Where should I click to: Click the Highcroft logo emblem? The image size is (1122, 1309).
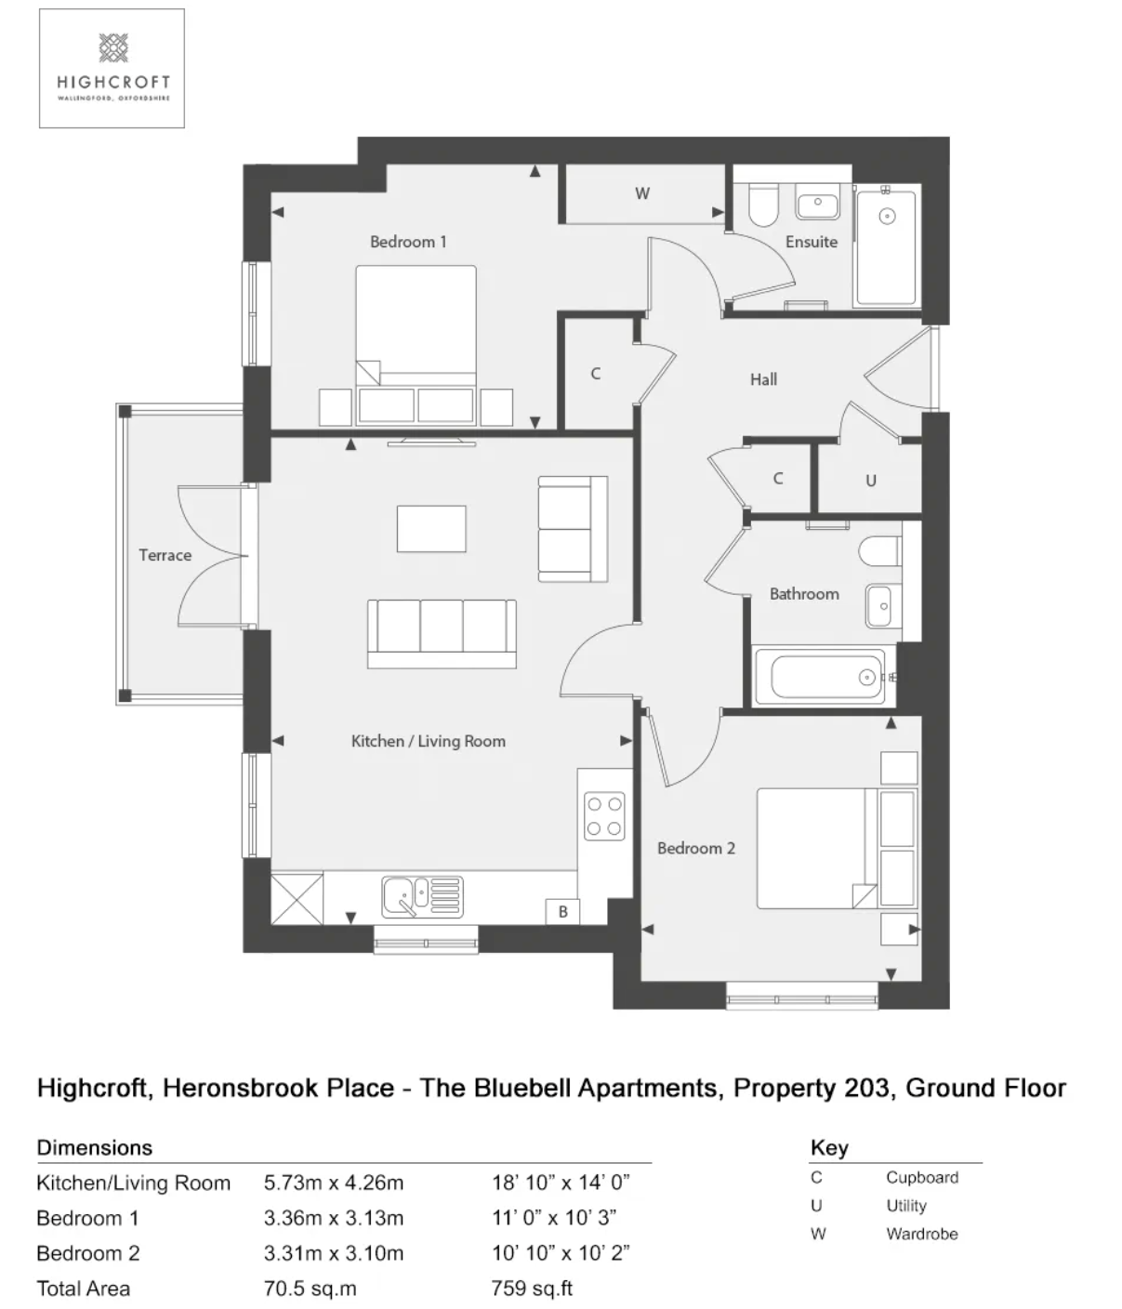113,48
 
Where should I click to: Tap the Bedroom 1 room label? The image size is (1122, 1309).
408,242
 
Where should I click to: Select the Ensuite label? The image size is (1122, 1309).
812,242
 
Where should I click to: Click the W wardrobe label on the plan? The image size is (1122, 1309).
642,193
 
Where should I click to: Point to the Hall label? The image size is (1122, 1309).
763,379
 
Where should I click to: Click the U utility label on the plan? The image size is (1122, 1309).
871,481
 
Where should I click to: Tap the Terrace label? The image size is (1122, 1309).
165,555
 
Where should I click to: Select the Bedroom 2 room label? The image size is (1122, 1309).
696,848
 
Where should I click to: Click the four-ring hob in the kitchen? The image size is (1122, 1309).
604,816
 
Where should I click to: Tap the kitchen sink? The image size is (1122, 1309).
422,897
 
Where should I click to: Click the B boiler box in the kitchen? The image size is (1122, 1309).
562,911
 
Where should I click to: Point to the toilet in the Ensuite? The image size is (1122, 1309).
763,205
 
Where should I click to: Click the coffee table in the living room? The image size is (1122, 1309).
431,529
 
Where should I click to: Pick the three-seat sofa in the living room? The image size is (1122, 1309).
442,634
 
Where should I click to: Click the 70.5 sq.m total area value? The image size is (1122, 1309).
310,1289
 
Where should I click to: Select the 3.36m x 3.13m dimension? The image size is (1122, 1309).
334,1218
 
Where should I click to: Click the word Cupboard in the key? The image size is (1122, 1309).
922,1177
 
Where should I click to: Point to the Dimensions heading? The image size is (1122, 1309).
95,1147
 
